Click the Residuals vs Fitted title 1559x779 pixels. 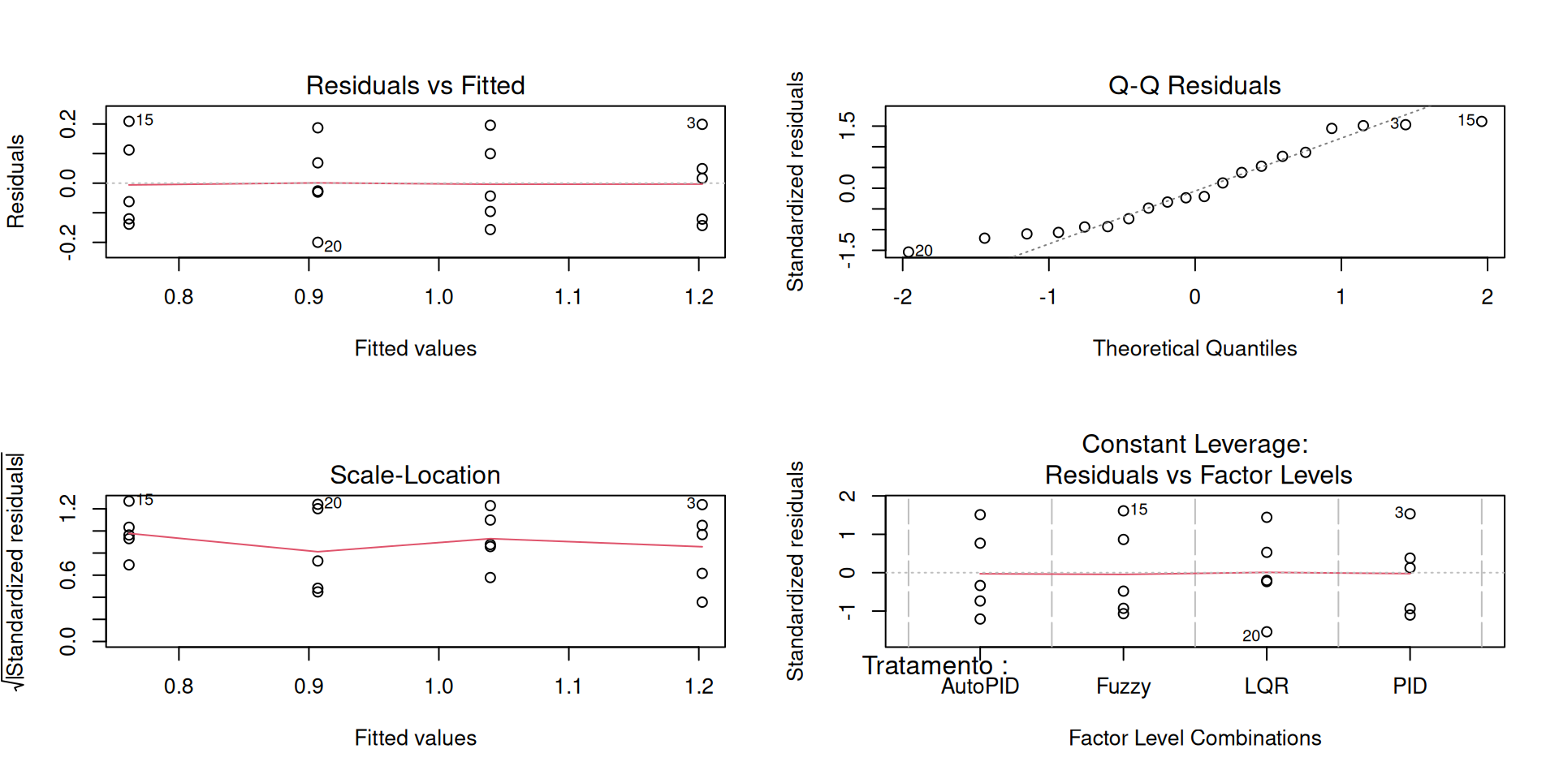(415, 85)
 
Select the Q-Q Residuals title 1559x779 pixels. (1194, 85)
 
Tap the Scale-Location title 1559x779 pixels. (415, 475)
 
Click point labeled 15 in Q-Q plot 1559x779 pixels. (1482, 122)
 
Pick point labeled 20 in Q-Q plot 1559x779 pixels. (909, 252)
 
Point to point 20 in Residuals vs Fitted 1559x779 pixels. (317, 242)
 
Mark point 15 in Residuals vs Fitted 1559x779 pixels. (129, 122)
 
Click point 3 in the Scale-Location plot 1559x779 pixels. (702, 505)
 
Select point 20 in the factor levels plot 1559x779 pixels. (1267, 632)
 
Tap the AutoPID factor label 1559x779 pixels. (979, 686)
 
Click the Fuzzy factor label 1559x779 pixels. (1123, 686)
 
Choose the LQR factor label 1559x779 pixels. (1266, 686)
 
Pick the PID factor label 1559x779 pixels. (1410, 686)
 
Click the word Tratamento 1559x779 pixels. (927, 666)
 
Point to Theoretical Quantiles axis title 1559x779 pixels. (1194, 348)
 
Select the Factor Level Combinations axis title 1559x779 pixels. (1194, 738)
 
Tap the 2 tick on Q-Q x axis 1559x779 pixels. (1487, 297)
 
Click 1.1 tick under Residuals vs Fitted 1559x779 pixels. (568, 297)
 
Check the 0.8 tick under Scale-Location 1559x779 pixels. (179, 686)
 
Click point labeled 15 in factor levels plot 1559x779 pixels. (1123, 511)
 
